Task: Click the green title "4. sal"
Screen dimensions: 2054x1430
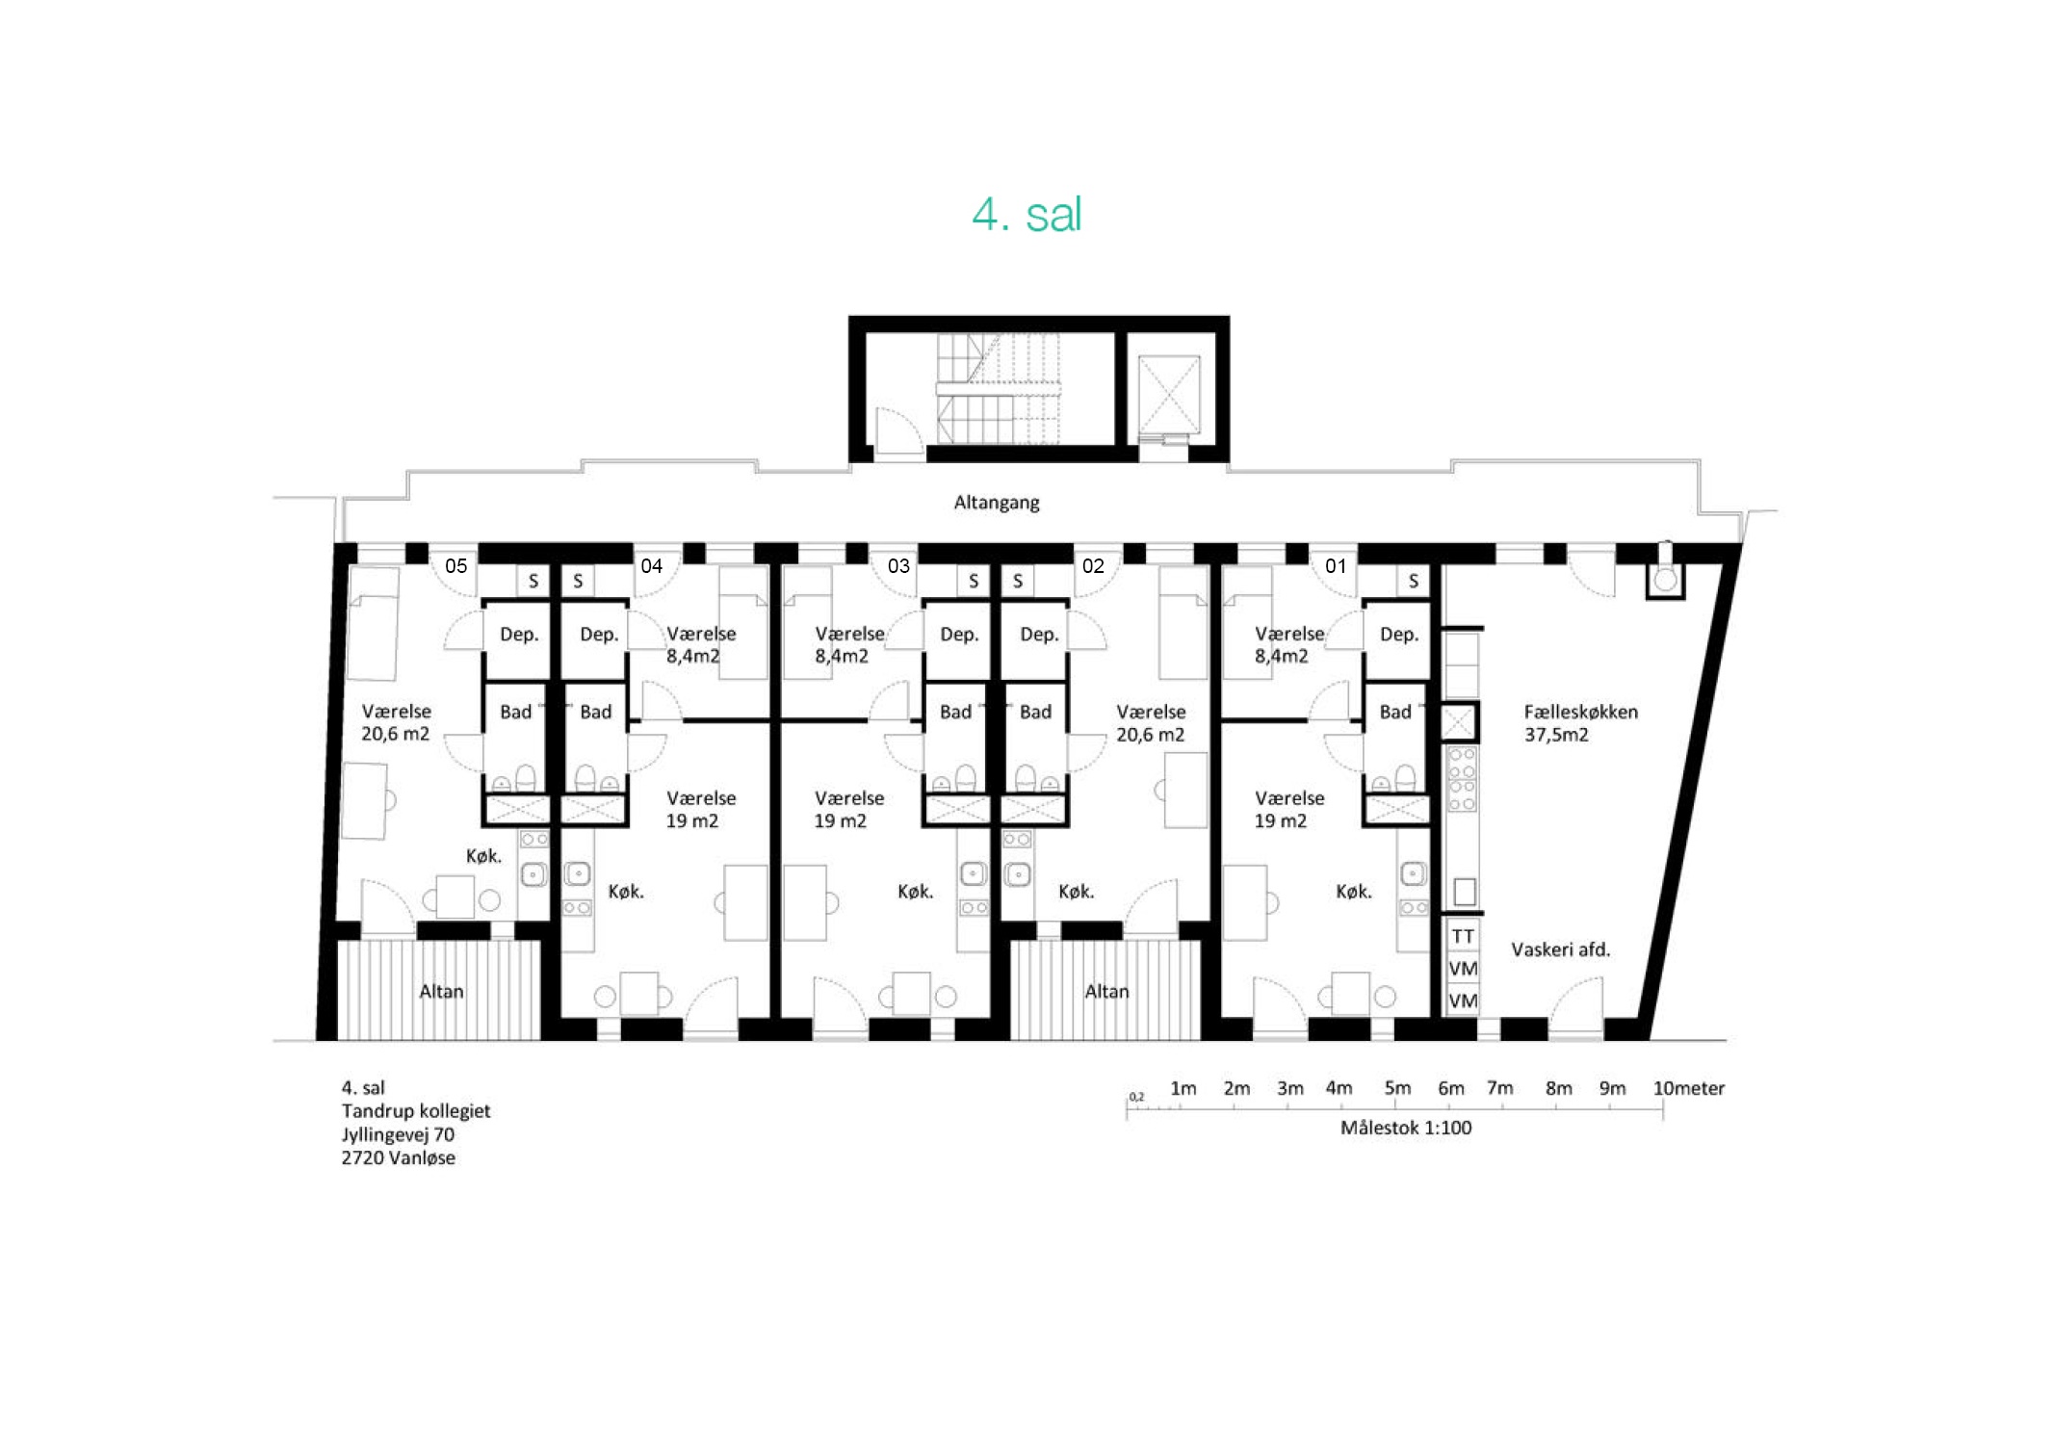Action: coord(1027,214)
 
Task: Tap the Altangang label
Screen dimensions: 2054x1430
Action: coord(997,503)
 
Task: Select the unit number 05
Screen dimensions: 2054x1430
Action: coord(455,566)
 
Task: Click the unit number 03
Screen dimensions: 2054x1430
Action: coord(898,566)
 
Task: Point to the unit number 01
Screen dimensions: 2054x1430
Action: coord(1336,566)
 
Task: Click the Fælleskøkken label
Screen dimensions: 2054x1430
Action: coord(1580,712)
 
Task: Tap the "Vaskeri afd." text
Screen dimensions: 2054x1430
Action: coord(1560,949)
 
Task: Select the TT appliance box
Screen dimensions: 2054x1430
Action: coord(1463,936)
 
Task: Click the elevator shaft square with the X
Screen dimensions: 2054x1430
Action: coord(1169,395)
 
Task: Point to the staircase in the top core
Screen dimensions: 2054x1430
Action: coord(999,389)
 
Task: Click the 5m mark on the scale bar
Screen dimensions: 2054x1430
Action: coord(1397,1088)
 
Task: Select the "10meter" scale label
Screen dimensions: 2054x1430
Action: coord(1689,1088)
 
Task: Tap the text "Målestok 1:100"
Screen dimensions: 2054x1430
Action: coord(1406,1128)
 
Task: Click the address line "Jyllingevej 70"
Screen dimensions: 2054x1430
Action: coord(398,1134)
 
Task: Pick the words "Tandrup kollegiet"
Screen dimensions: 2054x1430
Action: coord(416,1110)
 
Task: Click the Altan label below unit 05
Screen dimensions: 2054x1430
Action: coord(441,991)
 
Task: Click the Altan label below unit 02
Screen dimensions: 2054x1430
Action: coord(1106,991)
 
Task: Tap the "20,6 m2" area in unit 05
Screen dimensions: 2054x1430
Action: coord(395,734)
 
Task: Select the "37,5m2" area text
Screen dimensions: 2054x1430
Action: coord(1556,735)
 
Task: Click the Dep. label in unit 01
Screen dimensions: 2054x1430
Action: coord(1399,635)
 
